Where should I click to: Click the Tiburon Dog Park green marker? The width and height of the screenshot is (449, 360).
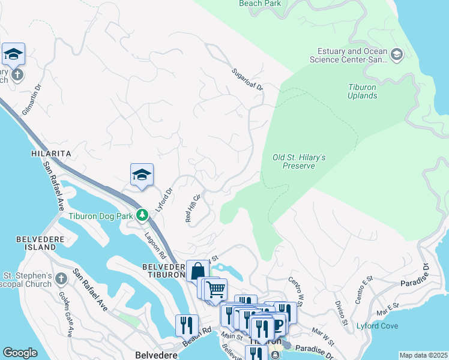(142, 214)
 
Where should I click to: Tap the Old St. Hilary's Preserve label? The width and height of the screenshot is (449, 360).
(299, 161)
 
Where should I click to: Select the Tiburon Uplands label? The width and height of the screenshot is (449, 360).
(363, 91)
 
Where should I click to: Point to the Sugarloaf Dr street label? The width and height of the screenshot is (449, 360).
(247, 79)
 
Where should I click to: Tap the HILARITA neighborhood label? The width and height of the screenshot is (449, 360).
(51, 154)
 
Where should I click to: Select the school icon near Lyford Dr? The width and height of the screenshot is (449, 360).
(142, 175)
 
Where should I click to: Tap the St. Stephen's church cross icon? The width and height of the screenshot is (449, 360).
(61, 278)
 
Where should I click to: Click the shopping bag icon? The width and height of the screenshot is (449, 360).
(197, 271)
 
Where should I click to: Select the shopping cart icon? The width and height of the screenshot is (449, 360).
(215, 289)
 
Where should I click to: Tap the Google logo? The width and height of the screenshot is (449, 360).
(20, 353)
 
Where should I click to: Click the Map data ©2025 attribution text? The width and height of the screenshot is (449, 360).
(423, 355)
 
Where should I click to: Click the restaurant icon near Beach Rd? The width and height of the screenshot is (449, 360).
(187, 325)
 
